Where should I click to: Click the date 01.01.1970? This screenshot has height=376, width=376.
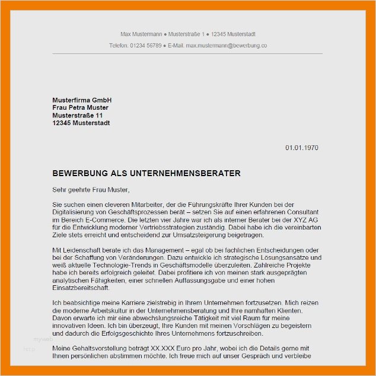pyautogui.click(x=302, y=148)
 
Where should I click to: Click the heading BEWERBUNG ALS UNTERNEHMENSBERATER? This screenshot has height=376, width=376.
pyautogui.click(x=146, y=174)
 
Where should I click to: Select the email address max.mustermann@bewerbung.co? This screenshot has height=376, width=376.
pyautogui.click(x=226, y=45)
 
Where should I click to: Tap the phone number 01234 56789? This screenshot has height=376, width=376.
pyautogui.click(x=146, y=45)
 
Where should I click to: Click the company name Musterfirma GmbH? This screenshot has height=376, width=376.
pyautogui.click(x=82, y=100)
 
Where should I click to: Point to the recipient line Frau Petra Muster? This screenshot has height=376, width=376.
pyautogui.click(x=81, y=108)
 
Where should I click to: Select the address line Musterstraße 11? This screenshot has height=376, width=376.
pyautogui.click(x=77, y=116)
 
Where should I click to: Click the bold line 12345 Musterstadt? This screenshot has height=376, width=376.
pyautogui.click(x=81, y=123)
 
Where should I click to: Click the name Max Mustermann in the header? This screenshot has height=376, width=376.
pyautogui.click(x=138, y=34)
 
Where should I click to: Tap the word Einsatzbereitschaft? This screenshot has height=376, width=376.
pyautogui.click(x=80, y=288)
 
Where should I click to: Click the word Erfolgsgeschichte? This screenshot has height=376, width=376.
pyautogui.click(x=158, y=333)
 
